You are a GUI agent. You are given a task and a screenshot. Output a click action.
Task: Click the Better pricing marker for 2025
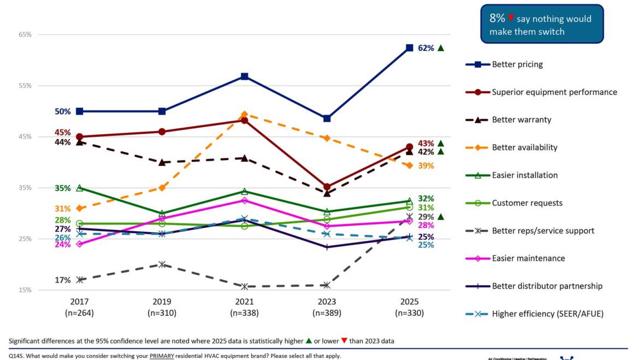(x=409, y=48)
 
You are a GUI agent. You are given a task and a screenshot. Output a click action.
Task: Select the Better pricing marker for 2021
(x=245, y=76)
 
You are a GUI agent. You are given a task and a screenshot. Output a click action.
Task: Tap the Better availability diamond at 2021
(x=245, y=115)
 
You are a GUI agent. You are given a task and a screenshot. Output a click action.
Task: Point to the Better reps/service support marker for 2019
(x=162, y=264)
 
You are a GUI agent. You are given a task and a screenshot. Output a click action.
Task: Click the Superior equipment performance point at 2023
(x=327, y=187)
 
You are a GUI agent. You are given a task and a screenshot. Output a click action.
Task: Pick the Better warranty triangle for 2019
(x=162, y=162)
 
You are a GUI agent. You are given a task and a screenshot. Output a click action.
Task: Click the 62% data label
(x=426, y=48)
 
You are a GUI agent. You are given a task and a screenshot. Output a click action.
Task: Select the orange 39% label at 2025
(x=426, y=166)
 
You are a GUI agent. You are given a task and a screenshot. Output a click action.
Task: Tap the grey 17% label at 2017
(x=62, y=280)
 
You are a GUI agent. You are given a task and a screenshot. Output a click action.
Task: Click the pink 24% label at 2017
(x=62, y=245)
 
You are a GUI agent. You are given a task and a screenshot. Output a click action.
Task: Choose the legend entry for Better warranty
(x=522, y=120)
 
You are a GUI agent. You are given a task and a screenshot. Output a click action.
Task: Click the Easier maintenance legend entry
(x=528, y=258)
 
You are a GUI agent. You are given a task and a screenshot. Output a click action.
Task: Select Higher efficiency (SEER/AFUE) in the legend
(x=547, y=314)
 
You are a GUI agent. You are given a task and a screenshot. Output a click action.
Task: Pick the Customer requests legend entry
(x=527, y=203)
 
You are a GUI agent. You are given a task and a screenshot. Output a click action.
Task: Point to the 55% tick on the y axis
(x=25, y=86)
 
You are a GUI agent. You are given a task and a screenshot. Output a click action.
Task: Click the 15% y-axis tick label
(x=25, y=290)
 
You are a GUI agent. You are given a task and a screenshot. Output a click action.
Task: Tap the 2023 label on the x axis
(x=327, y=302)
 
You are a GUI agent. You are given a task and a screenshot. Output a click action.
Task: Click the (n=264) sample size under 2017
(x=79, y=313)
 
